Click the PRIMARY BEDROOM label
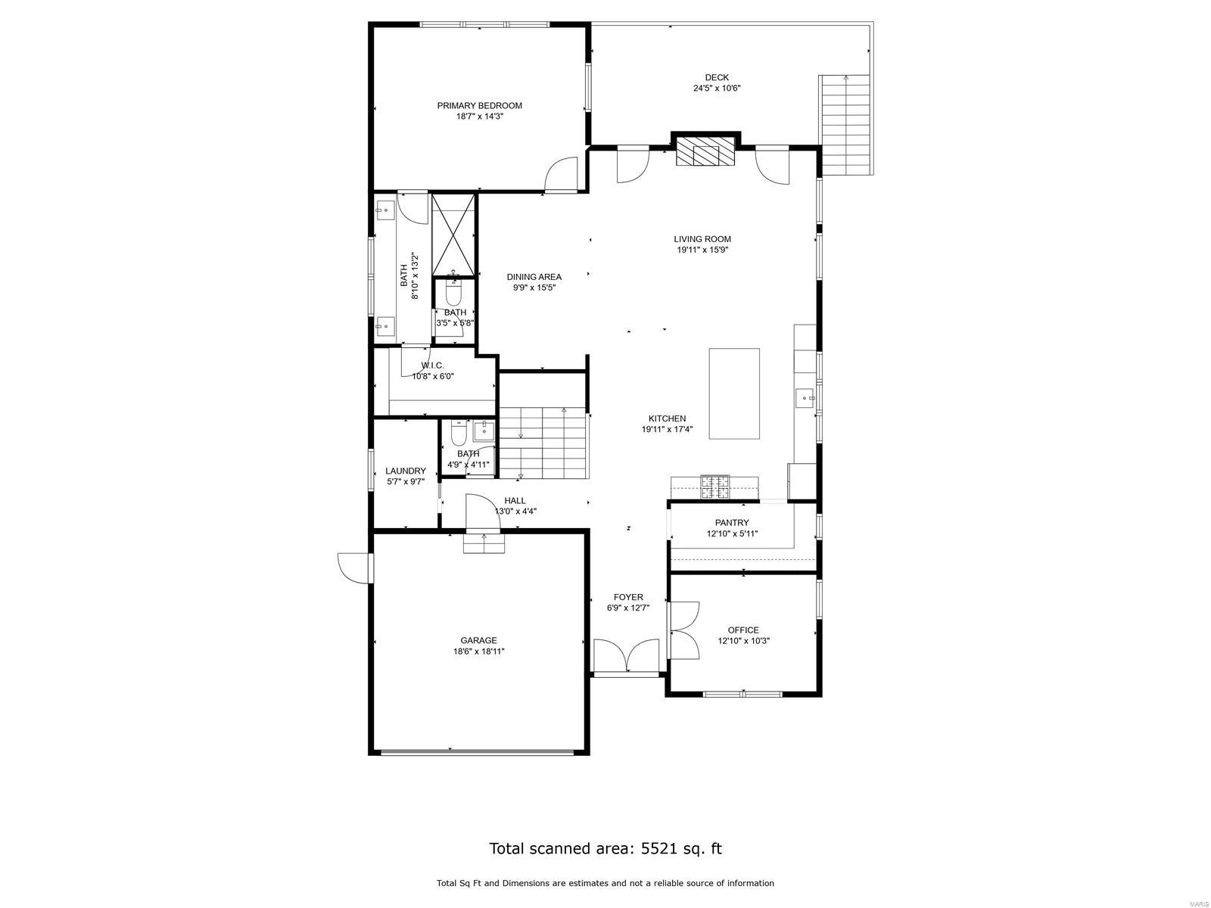click(x=479, y=106)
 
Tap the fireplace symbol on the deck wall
click(x=705, y=151)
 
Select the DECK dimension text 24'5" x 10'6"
click(x=717, y=89)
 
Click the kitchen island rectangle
click(x=734, y=393)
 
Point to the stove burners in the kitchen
click(x=715, y=486)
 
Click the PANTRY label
click(x=732, y=523)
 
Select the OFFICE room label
click(x=743, y=630)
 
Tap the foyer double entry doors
click(x=627, y=655)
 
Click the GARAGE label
click(x=478, y=640)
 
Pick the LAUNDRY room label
click(x=406, y=471)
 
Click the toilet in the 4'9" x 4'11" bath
click(x=457, y=434)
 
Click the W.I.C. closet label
click(x=433, y=365)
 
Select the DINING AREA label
click(x=534, y=277)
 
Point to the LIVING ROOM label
click(x=702, y=239)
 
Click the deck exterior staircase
click(x=846, y=125)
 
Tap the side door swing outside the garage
click(x=353, y=567)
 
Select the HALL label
click(x=515, y=501)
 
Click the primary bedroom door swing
click(x=562, y=174)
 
